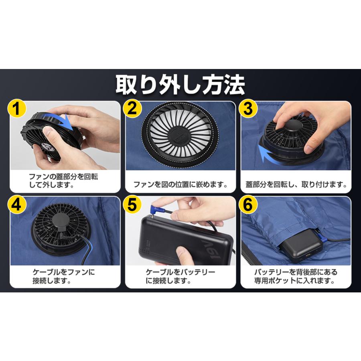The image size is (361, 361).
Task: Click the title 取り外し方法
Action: tap(180, 85)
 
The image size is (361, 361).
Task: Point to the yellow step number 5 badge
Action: tap(133, 205)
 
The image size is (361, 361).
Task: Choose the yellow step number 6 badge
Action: tap(248, 205)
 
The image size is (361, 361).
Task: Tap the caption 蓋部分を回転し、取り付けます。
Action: tap(296, 185)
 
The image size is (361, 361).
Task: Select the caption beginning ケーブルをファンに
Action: tap(64, 276)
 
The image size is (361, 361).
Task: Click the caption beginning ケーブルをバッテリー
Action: tap(180, 276)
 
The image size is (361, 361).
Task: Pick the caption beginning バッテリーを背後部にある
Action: tap(296, 276)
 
